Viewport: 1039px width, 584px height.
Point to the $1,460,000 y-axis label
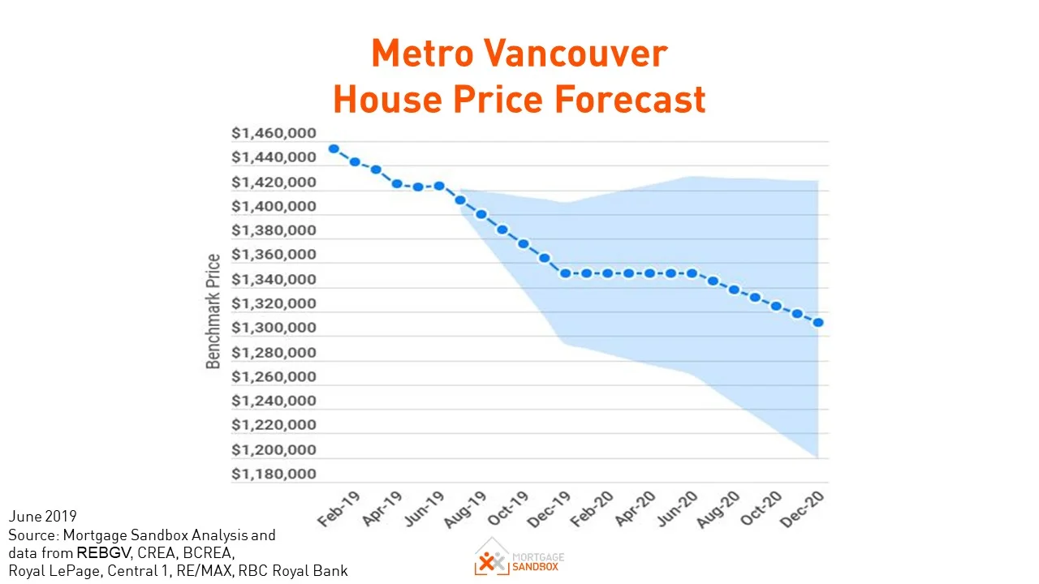pyautogui.click(x=274, y=133)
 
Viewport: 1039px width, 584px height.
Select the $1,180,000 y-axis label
pyautogui.click(x=274, y=474)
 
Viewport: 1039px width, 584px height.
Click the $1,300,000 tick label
pyautogui.click(x=274, y=328)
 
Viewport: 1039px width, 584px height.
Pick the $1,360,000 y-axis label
pyautogui.click(x=274, y=255)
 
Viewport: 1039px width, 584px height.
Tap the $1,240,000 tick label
pyautogui.click(x=274, y=401)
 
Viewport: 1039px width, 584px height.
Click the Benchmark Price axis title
pyautogui.click(x=213, y=311)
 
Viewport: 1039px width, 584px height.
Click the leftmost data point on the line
pyautogui.click(x=334, y=149)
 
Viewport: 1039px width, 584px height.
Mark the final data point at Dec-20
pyautogui.click(x=818, y=323)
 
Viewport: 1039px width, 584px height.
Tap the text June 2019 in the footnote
pyautogui.click(x=42, y=517)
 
